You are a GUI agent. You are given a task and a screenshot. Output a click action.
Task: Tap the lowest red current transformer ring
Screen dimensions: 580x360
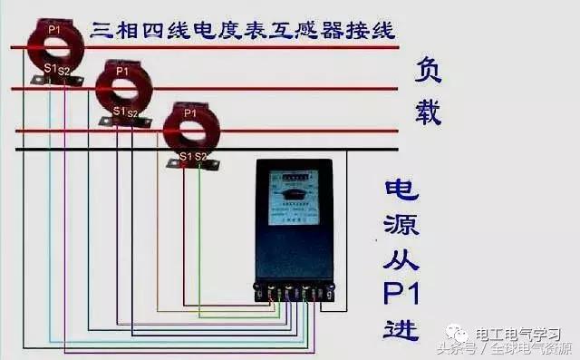pyautogui.click(x=189, y=129)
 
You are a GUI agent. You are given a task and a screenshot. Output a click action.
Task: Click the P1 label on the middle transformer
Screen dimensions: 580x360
pyautogui.click(x=122, y=71)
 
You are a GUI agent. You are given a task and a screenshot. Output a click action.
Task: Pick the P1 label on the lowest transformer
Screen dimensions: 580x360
pyautogui.click(x=188, y=113)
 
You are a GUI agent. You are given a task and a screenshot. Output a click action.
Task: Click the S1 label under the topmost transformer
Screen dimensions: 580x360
pyautogui.click(x=50, y=68)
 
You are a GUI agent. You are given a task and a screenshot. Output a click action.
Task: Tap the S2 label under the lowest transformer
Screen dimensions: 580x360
pyautogui.click(x=200, y=156)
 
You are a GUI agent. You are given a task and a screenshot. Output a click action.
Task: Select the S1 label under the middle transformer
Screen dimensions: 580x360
pyautogui.click(x=118, y=111)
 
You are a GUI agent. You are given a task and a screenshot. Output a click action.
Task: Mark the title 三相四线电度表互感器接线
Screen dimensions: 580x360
pyautogui.click(x=243, y=30)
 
